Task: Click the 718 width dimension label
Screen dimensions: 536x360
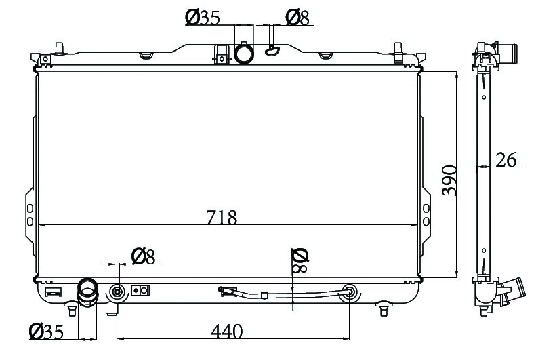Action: point(221,217)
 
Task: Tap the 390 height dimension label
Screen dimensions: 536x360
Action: point(449,180)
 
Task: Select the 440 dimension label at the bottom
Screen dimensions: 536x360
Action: point(226,331)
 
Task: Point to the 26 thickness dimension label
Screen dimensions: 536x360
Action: point(506,159)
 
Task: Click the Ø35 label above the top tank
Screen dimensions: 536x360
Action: point(203,18)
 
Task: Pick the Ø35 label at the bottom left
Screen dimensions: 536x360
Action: point(47,331)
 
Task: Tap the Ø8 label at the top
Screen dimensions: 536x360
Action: point(297,18)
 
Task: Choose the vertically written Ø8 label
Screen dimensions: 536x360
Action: point(300,261)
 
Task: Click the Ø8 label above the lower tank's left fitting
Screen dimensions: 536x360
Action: point(143,256)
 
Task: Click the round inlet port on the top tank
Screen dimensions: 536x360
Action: point(244,53)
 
